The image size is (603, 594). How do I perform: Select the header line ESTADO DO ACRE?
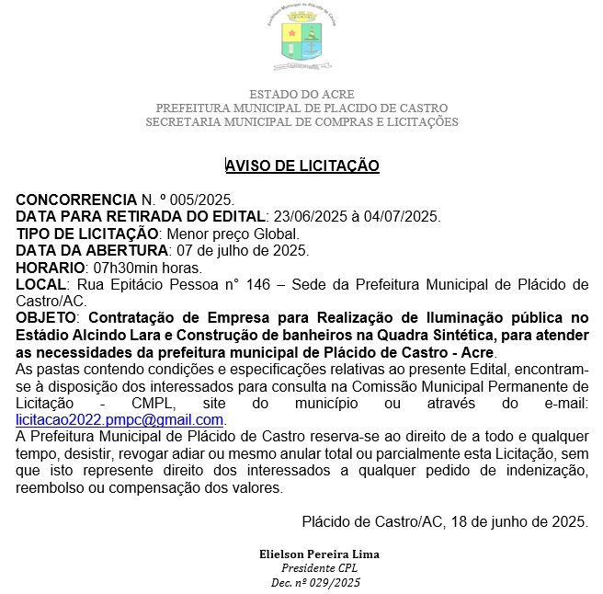301,95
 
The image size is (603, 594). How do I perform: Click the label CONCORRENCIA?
76,200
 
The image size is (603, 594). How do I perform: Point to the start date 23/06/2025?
302,217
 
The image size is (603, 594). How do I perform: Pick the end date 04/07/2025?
402,217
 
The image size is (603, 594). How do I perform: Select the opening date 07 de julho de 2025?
249,250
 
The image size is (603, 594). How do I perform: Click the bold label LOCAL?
41,284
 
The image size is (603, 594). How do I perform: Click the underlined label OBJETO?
48,318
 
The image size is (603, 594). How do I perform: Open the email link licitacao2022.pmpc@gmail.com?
120,419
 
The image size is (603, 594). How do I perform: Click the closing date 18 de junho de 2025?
518,521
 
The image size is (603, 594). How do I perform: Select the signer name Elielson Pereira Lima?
321,554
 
